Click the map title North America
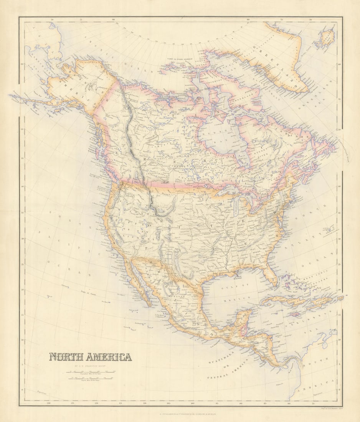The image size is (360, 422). click(x=90, y=357)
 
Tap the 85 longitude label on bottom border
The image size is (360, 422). click(x=265, y=403)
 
